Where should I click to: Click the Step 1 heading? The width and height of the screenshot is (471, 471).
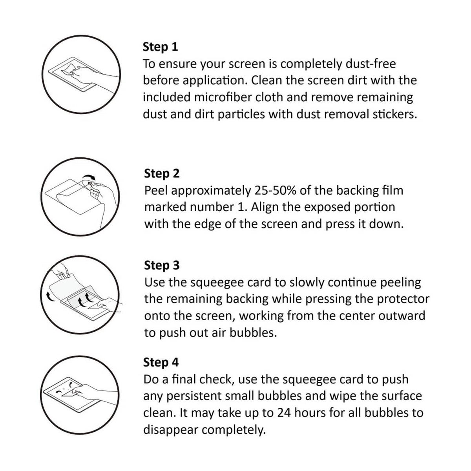click(160, 47)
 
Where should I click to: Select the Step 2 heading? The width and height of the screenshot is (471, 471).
click(162, 174)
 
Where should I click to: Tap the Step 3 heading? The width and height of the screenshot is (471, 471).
click(162, 265)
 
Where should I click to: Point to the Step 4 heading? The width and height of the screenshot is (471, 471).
click(161, 363)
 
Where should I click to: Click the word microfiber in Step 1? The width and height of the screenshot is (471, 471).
click(223, 97)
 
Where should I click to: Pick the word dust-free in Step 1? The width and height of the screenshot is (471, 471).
click(371, 64)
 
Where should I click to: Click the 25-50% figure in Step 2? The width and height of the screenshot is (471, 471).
click(276, 191)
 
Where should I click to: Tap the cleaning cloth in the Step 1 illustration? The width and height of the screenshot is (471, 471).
click(69, 69)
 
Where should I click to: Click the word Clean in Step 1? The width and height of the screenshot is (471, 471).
click(267, 80)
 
